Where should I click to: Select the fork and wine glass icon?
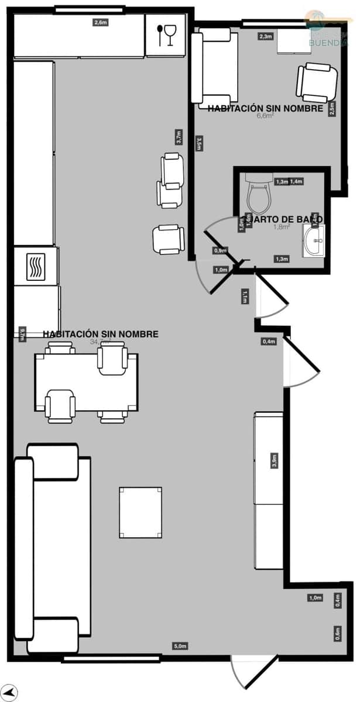pyautogui.click(x=166, y=35)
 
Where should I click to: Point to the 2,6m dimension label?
pyautogui.click(x=101, y=23)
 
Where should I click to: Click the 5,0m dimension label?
pyautogui.click(x=180, y=646)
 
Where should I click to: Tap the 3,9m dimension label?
pyautogui.click(x=274, y=460)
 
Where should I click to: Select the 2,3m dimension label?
pyautogui.click(x=265, y=36)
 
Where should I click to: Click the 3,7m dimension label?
pyautogui.click(x=179, y=137)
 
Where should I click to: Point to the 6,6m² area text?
pyautogui.click(x=265, y=116)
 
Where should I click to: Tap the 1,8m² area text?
pyautogui.click(x=282, y=226)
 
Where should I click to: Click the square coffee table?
pyautogui.click(x=140, y=512)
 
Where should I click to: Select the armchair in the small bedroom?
pyautogui.click(x=318, y=82)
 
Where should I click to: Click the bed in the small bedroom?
pyautogui.click(x=214, y=66)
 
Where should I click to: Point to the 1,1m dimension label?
pyautogui.click(x=245, y=297)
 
